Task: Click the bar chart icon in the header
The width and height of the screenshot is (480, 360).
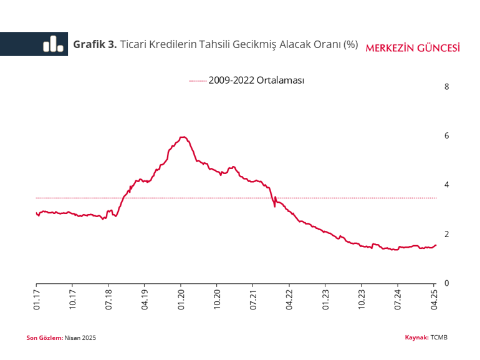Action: click(53, 44)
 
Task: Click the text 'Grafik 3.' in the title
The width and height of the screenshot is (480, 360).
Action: click(95, 44)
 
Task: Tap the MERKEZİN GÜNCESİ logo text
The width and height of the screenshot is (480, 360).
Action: click(413, 48)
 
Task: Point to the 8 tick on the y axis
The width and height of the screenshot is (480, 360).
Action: click(446, 87)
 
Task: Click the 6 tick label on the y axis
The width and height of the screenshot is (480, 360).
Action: click(446, 136)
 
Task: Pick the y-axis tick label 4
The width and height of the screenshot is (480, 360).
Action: click(446, 185)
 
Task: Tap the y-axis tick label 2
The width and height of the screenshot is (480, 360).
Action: click(446, 234)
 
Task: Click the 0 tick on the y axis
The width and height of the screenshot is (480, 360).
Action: click(446, 283)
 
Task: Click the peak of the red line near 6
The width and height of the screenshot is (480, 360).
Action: click(183, 137)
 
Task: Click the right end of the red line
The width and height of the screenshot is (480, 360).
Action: click(436, 245)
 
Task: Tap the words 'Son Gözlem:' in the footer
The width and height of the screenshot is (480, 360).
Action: click(44, 338)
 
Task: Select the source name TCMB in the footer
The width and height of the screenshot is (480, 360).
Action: click(439, 338)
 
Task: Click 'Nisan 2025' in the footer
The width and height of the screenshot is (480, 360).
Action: click(80, 338)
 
